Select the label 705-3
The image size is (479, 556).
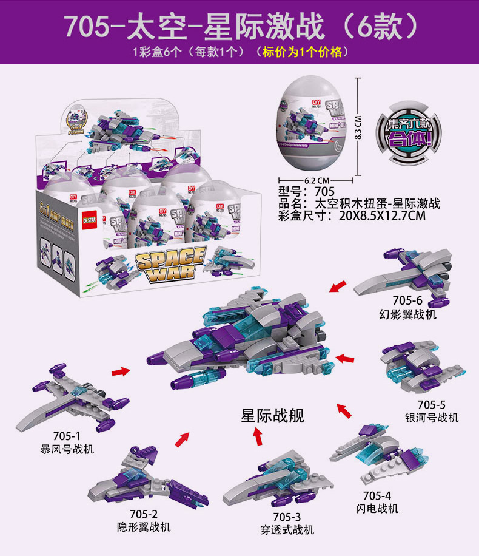pyautogui.click(x=287, y=517)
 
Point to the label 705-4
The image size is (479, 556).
pyautogui.click(x=377, y=495)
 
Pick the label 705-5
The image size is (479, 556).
pyautogui.click(x=432, y=405)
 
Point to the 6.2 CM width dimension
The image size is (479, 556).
pyautogui.click(x=316, y=180)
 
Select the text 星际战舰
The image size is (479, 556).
pyautogui.click(x=273, y=415)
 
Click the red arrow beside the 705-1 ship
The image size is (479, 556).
pyautogui.click(x=121, y=371)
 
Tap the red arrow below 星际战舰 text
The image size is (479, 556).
pyautogui.click(x=258, y=436)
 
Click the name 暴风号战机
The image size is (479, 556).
pyautogui.click(x=67, y=449)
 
